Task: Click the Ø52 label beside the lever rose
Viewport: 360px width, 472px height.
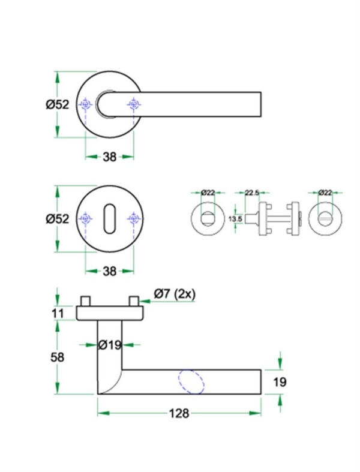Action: tap(58, 104)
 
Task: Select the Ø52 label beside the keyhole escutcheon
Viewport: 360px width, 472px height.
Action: tap(58, 219)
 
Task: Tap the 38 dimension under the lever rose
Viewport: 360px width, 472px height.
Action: tap(109, 157)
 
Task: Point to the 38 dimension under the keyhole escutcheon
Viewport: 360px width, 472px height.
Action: tap(109, 271)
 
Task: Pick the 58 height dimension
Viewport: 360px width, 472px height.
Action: tap(58, 356)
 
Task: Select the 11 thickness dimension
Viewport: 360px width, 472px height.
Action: tap(58, 312)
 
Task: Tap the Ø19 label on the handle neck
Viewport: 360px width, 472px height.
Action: tap(110, 345)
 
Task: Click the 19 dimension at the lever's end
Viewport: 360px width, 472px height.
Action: tap(280, 382)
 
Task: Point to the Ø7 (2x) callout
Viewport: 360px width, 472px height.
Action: tap(175, 294)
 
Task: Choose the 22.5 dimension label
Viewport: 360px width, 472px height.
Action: tap(252, 193)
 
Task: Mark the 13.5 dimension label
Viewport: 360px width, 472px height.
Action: tap(236, 220)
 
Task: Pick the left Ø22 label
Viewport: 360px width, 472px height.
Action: tap(208, 193)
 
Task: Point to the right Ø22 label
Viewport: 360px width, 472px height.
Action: tap(325, 193)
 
